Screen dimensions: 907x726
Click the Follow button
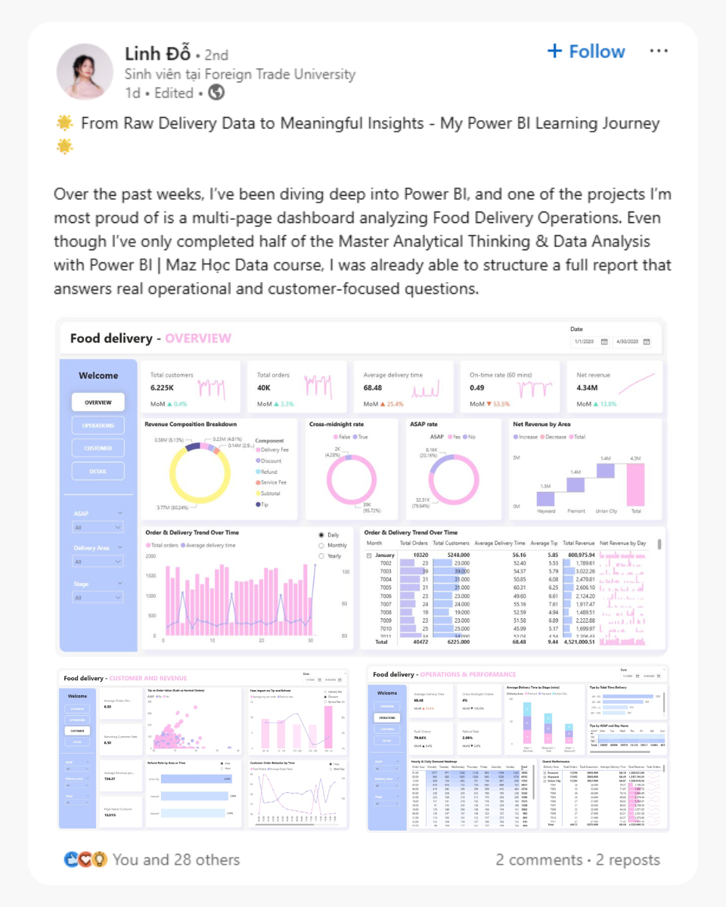point(586,51)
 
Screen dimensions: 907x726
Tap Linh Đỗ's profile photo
point(85,72)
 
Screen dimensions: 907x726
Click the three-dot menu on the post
point(659,51)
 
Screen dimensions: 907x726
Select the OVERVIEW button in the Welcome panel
point(98,403)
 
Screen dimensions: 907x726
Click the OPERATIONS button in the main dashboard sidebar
point(98,426)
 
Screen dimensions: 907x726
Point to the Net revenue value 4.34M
point(588,388)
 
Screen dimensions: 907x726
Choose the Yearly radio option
point(332,556)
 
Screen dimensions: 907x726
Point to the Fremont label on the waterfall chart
point(576,511)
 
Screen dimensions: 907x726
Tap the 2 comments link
point(538,859)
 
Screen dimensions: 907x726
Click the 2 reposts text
point(628,859)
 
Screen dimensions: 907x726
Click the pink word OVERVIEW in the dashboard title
point(198,338)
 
